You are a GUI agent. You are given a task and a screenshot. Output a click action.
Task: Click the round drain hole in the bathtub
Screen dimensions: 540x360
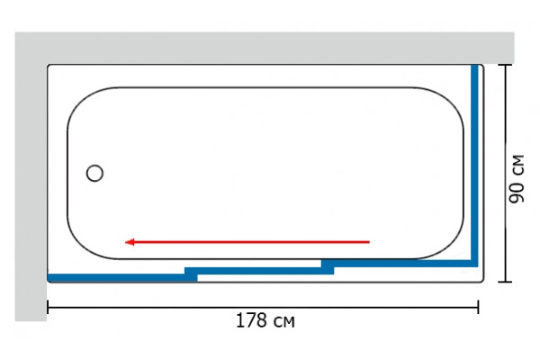[x=94, y=173]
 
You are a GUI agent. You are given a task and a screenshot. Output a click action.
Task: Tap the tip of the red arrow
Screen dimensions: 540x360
[x=125, y=242]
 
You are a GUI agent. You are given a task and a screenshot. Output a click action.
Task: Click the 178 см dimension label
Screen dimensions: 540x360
[x=265, y=320]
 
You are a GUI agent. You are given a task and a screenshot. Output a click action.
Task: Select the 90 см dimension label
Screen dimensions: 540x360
[x=517, y=179]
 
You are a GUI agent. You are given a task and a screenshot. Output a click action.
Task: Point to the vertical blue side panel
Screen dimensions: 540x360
[x=474, y=166]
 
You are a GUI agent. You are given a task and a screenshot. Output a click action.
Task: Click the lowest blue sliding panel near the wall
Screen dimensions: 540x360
[x=122, y=278]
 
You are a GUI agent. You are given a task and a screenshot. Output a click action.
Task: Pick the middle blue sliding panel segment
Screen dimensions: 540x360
[x=259, y=271]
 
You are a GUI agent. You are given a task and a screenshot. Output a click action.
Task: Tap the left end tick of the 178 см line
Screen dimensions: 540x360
[x=48, y=307]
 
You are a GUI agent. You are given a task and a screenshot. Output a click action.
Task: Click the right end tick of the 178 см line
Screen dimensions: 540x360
[x=478, y=307]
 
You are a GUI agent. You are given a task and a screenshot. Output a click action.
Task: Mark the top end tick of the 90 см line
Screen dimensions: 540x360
[x=505, y=65]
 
